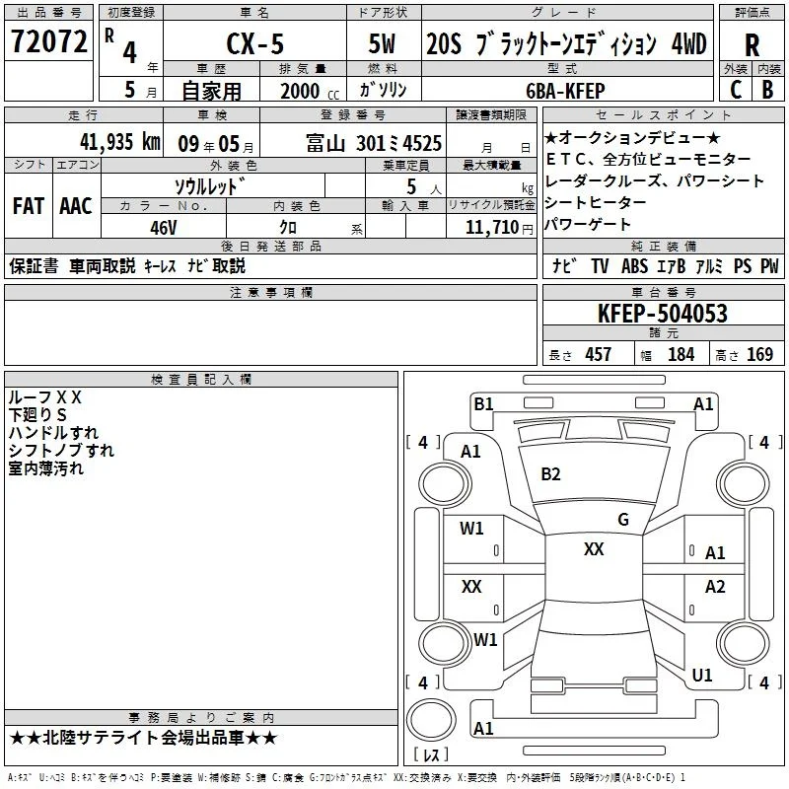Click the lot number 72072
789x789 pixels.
[48, 41]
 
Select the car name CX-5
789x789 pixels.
[255, 43]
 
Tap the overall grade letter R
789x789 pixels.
[752, 45]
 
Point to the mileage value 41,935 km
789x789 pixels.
[120, 141]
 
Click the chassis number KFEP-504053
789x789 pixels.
[663, 313]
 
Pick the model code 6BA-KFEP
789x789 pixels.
[565, 91]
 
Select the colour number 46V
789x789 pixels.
[164, 228]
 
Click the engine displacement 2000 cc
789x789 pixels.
[310, 91]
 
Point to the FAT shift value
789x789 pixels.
[29, 206]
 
